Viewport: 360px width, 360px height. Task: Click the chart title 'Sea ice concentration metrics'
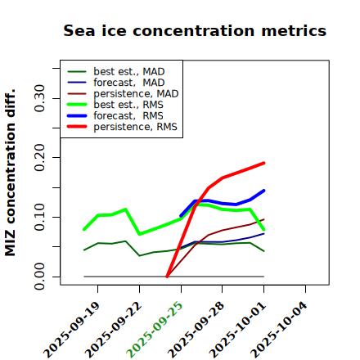pos(195,30)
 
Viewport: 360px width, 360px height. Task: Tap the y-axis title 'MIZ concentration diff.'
pos(10,173)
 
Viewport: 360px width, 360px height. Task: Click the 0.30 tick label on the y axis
pos(40,98)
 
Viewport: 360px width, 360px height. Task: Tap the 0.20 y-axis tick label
pos(40,158)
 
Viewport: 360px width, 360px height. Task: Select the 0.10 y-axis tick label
pos(40,217)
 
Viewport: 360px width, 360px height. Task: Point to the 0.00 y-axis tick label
pos(40,277)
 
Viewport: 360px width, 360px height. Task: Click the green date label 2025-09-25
pos(155,330)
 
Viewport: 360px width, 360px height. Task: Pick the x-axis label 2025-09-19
pos(71,330)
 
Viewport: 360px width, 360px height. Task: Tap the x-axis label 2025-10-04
pos(279,330)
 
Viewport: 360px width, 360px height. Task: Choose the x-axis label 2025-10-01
pos(237,330)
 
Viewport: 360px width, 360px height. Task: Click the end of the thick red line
pos(263,163)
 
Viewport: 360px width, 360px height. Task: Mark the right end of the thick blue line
pos(263,191)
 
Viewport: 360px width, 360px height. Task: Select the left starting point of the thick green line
pos(84,229)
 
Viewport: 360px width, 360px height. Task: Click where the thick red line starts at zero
pos(167,277)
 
